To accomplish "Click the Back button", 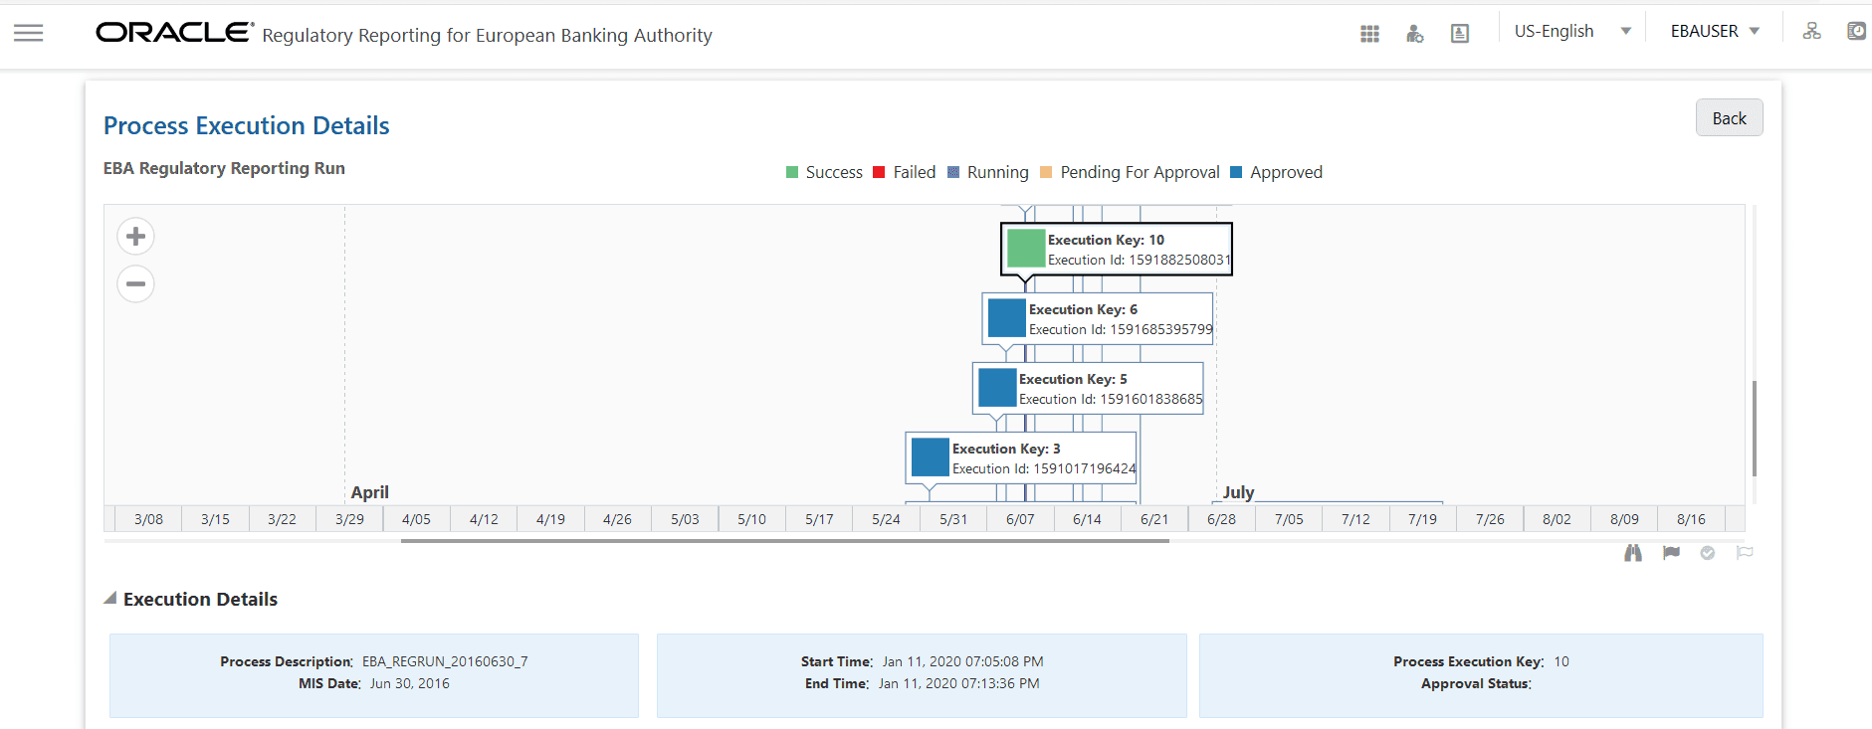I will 1729,118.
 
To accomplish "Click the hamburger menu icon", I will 28,33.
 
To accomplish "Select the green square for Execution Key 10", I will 1025,249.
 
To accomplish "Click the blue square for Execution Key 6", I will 1006,318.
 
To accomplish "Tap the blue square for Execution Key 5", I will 996,388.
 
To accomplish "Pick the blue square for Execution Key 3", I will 930,457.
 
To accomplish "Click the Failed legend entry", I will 904,172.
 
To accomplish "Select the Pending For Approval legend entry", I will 1130,172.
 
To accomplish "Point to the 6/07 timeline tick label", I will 1020,519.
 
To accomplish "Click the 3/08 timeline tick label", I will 148,519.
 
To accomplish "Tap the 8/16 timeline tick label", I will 1691,519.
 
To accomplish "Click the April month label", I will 369,492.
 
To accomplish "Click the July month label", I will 1238,492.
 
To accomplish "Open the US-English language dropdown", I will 1572,32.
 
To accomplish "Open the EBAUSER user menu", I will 1715,32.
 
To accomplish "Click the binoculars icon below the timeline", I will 1633,553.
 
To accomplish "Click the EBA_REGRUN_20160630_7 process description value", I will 445,661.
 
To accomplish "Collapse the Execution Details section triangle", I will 110,599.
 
